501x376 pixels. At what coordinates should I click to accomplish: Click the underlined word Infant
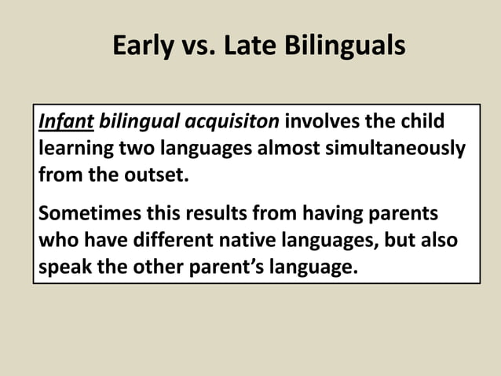(66, 123)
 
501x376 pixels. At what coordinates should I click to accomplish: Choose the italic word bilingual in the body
(139, 123)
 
